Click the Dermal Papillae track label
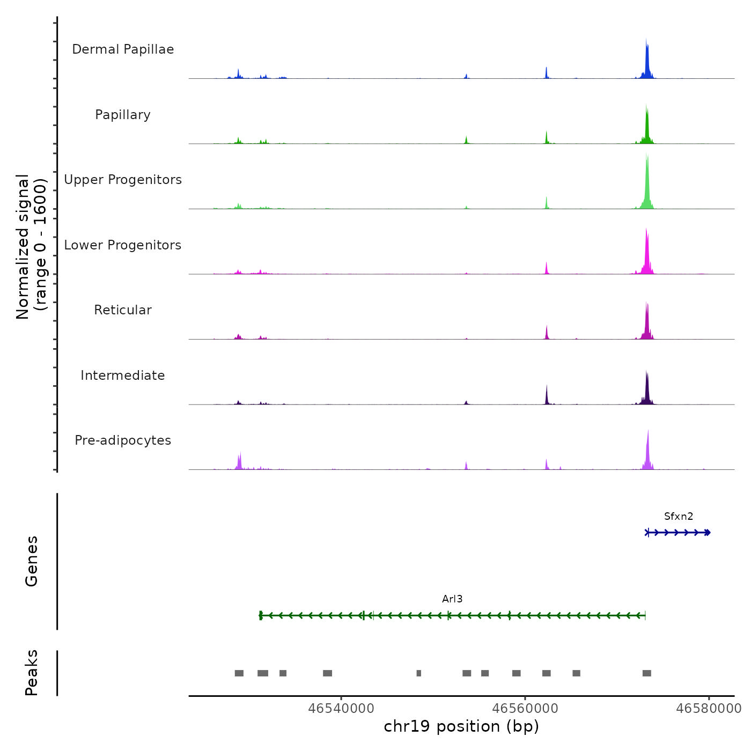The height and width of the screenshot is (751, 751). [x=123, y=49]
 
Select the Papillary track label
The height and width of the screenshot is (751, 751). [x=123, y=115]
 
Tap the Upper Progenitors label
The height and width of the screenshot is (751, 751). [x=123, y=180]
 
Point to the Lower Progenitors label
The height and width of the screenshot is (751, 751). [x=123, y=245]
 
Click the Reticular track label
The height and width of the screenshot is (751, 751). [x=123, y=310]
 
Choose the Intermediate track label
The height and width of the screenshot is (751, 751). [x=123, y=376]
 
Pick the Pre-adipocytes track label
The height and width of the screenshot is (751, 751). [x=123, y=440]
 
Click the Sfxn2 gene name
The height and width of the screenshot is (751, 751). [x=679, y=517]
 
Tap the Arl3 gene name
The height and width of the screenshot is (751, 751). [x=452, y=599]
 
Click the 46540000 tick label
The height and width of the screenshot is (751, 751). [x=341, y=709]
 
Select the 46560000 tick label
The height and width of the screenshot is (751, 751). [x=525, y=709]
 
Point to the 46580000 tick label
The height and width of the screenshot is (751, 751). [x=709, y=709]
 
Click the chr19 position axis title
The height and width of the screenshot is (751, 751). [x=461, y=726]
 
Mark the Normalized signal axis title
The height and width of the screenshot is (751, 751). [x=31, y=247]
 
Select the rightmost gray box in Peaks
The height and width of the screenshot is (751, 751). [x=647, y=673]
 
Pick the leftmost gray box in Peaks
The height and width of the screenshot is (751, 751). [x=239, y=673]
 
